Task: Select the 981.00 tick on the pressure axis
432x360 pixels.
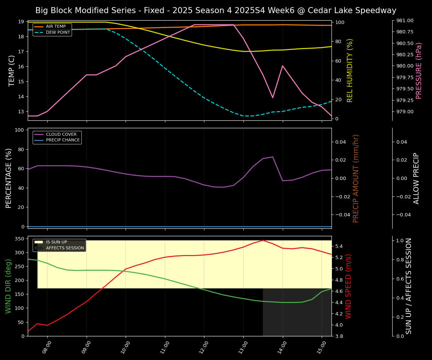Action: pyautogui.click(x=403, y=21)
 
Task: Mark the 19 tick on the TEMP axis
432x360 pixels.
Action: pyautogui.click(x=21, y=22)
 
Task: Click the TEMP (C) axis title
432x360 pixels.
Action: pyautogui.click(x=12, y=70)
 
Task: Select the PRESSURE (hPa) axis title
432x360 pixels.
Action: pyautogui.click(x=419, y=70)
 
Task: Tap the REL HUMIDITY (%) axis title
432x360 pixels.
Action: pyautogui.click(x=350, y=70)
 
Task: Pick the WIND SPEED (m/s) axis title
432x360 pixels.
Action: pyautogui.click(x=348, y=286)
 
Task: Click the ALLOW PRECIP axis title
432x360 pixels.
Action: pyautogui.click(x=416, y=178)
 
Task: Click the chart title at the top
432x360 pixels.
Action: pyautogui.click(x=216, y=10)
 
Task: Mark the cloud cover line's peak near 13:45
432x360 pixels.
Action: pyautogui.click(x=273, y=157)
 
